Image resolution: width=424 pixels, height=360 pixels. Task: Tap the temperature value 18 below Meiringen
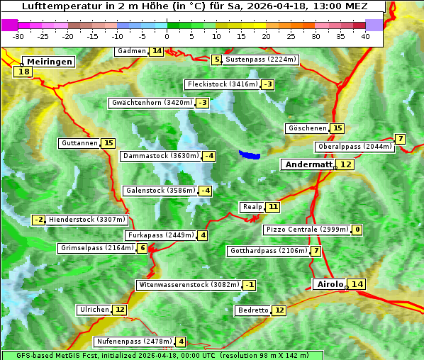tap(24, 71)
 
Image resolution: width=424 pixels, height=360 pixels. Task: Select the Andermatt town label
tap(308, 164)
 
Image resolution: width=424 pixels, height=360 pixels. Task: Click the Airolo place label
tap(329, 284)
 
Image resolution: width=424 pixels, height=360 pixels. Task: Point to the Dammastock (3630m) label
tap(160, 156)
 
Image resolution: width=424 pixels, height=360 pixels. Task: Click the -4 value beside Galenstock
tap(205, 191)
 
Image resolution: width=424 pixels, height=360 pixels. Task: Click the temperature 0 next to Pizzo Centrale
tap(357, 230)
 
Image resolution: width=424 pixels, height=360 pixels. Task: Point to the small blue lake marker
tap(249, 154)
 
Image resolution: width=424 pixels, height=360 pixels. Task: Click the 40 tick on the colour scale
tap(365, 36)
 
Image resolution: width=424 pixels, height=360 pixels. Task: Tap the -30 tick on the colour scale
tap(18, 36)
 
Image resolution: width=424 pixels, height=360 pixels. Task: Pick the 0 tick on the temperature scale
tap(167, 36)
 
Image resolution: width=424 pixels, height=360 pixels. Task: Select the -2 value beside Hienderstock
tap(39, 220)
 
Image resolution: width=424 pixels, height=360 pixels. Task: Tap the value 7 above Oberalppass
tap(401, 139)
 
